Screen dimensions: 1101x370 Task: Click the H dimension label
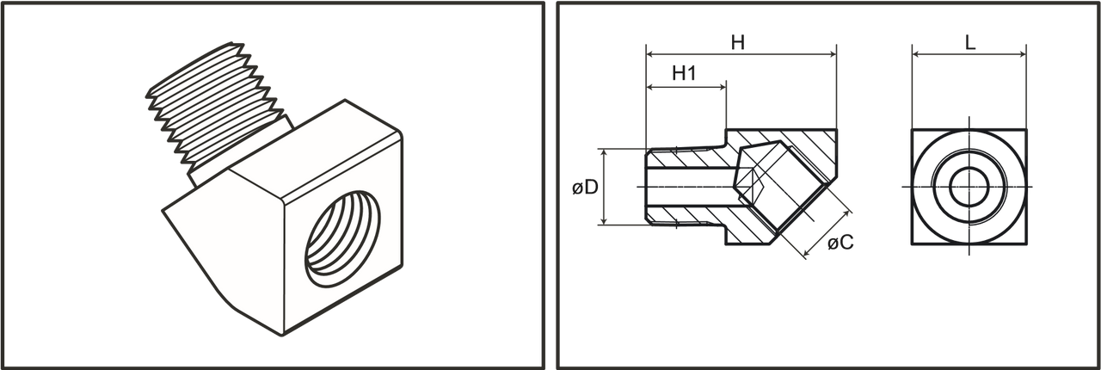(738, 43)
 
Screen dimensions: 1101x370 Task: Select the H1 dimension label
(684, 74)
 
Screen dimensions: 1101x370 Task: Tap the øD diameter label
(585, 188)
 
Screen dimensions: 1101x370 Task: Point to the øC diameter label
(840, 243)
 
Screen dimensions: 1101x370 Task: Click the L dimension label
(969, 43)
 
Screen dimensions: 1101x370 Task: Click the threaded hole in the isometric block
(342, 238)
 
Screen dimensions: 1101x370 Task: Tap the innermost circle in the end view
(969, 187)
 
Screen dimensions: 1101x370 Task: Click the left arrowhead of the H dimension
(649, 54)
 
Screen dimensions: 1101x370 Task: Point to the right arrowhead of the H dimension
(833, 54)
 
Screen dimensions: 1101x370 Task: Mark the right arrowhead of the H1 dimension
(723, 88)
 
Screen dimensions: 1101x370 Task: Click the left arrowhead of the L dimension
(916, 54)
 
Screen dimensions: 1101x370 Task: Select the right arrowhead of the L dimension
(1023, 54)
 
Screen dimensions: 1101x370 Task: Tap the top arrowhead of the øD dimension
(605, 152)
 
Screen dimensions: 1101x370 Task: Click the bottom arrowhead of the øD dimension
(605, 221)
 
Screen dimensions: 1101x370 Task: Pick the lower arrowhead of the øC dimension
(806, 253)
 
